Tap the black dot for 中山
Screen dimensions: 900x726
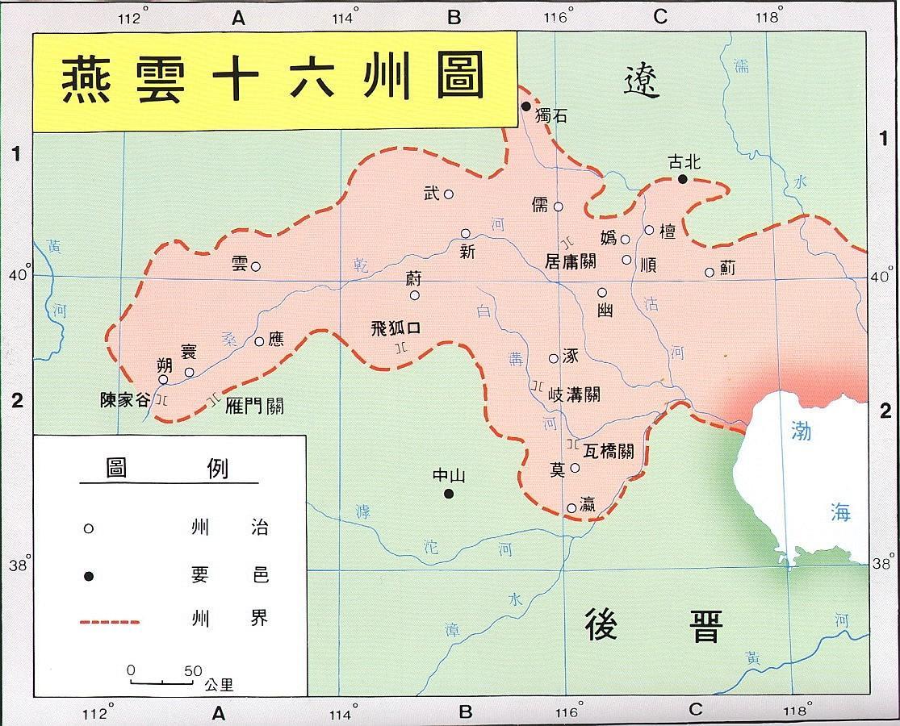449,494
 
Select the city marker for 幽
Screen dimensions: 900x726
602,292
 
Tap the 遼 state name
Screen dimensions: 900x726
642,81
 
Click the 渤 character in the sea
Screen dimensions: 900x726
800,432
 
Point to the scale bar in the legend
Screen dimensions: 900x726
161,682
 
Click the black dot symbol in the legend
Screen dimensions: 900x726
90,575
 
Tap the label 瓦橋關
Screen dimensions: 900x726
608,451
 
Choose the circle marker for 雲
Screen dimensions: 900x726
255,266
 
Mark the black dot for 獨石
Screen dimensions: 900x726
525,106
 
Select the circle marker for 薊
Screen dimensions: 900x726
710,272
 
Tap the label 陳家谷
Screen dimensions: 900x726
124,399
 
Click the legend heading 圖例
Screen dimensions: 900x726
167,469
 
